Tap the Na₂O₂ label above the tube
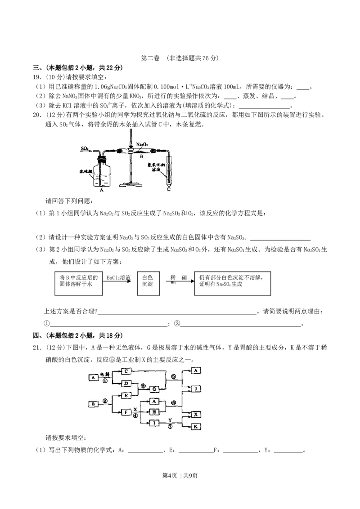click(142, 144)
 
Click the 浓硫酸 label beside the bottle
click(85, 171)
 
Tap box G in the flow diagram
click(154, 389)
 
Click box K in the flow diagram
click(196, 426)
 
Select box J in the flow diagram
click(196, 388)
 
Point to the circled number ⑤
click(174, 377)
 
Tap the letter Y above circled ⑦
click(170, 419)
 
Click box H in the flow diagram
click(154, 412)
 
